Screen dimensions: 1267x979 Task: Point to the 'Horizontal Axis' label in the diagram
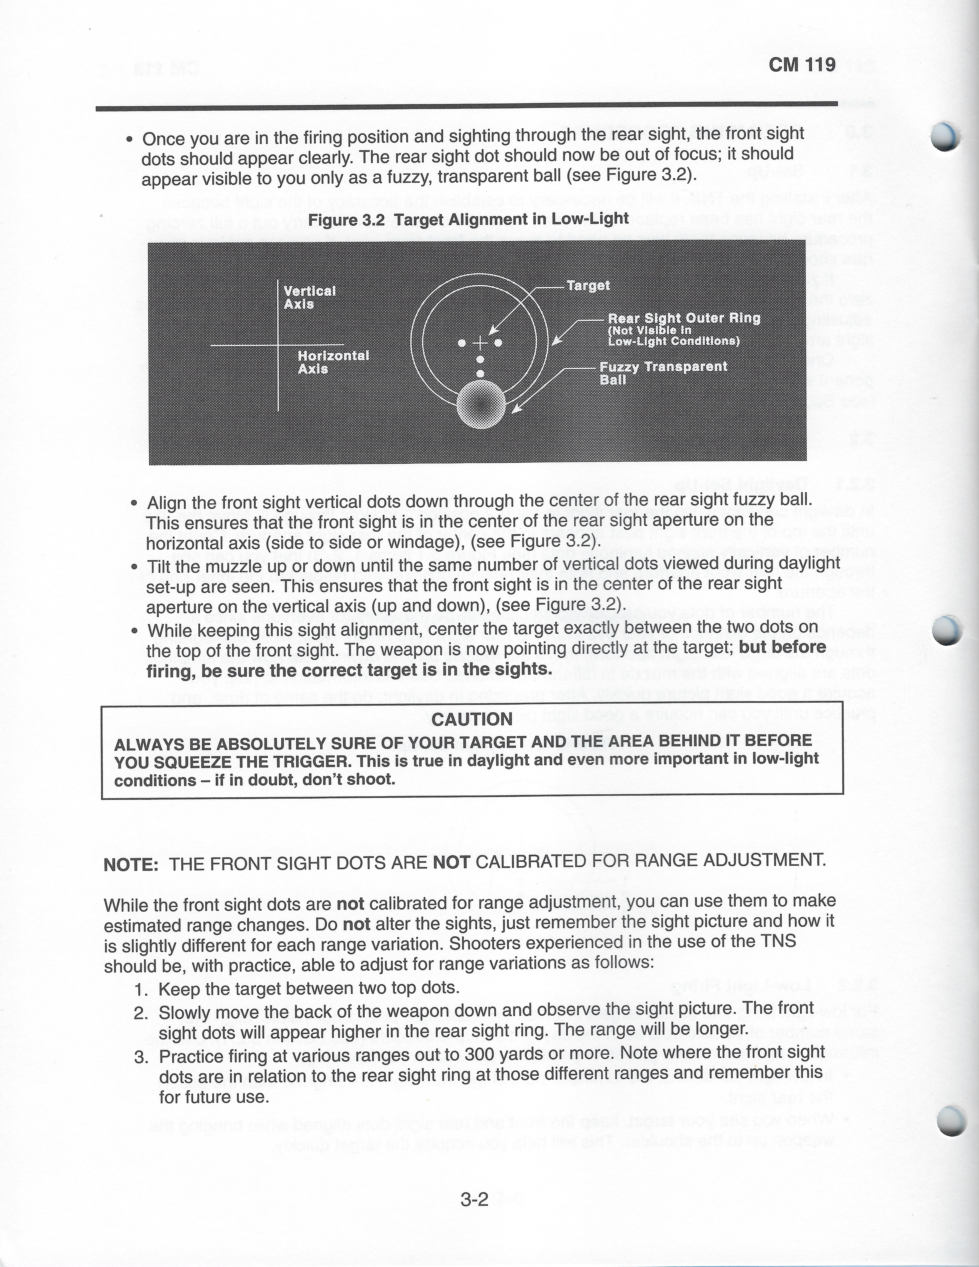[x=333, y=362]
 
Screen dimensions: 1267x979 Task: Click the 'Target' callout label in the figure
[x=588, y=285]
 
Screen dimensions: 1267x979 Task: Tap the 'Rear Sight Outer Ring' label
[x=684, y=318]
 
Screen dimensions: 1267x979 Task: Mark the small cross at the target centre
[x=480, y=343]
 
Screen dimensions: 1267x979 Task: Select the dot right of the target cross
[x=498, y=343]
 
